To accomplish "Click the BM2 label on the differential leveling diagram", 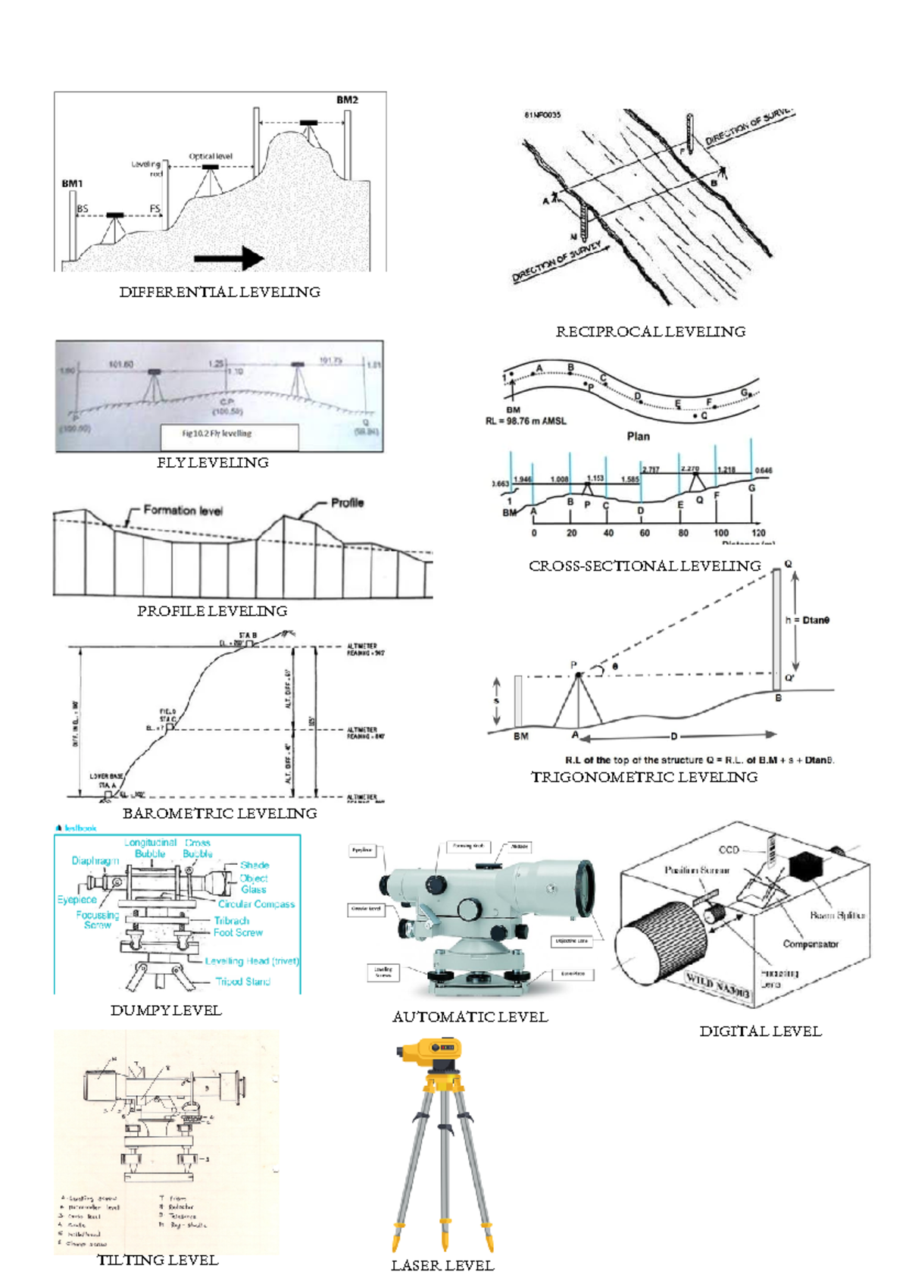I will tap(347, 100).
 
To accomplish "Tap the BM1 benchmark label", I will tap(72, 183).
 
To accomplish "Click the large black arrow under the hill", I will tap(228, 258).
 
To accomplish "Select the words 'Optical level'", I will tap(211, 156).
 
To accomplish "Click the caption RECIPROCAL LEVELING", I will tap(650, 332).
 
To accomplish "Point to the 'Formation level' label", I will tap(183, 511).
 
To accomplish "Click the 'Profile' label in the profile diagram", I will tap(347, 503).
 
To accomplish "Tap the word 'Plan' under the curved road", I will tap(638, 436).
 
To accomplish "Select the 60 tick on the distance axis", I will tap(645, 533).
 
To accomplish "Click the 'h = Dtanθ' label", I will tap(807, 620).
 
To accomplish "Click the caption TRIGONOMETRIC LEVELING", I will tap(644, 778).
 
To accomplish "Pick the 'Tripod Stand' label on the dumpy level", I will tap(242, 982).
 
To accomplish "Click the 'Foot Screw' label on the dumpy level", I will tap(238, 933).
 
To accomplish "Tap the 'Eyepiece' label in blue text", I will tap(77, 900).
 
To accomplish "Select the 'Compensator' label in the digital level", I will tap(811, 944).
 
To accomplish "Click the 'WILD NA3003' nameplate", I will tap(718, 985).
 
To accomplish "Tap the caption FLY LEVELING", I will tap(212, 463).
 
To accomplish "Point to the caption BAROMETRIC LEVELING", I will tap(220, 814).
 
